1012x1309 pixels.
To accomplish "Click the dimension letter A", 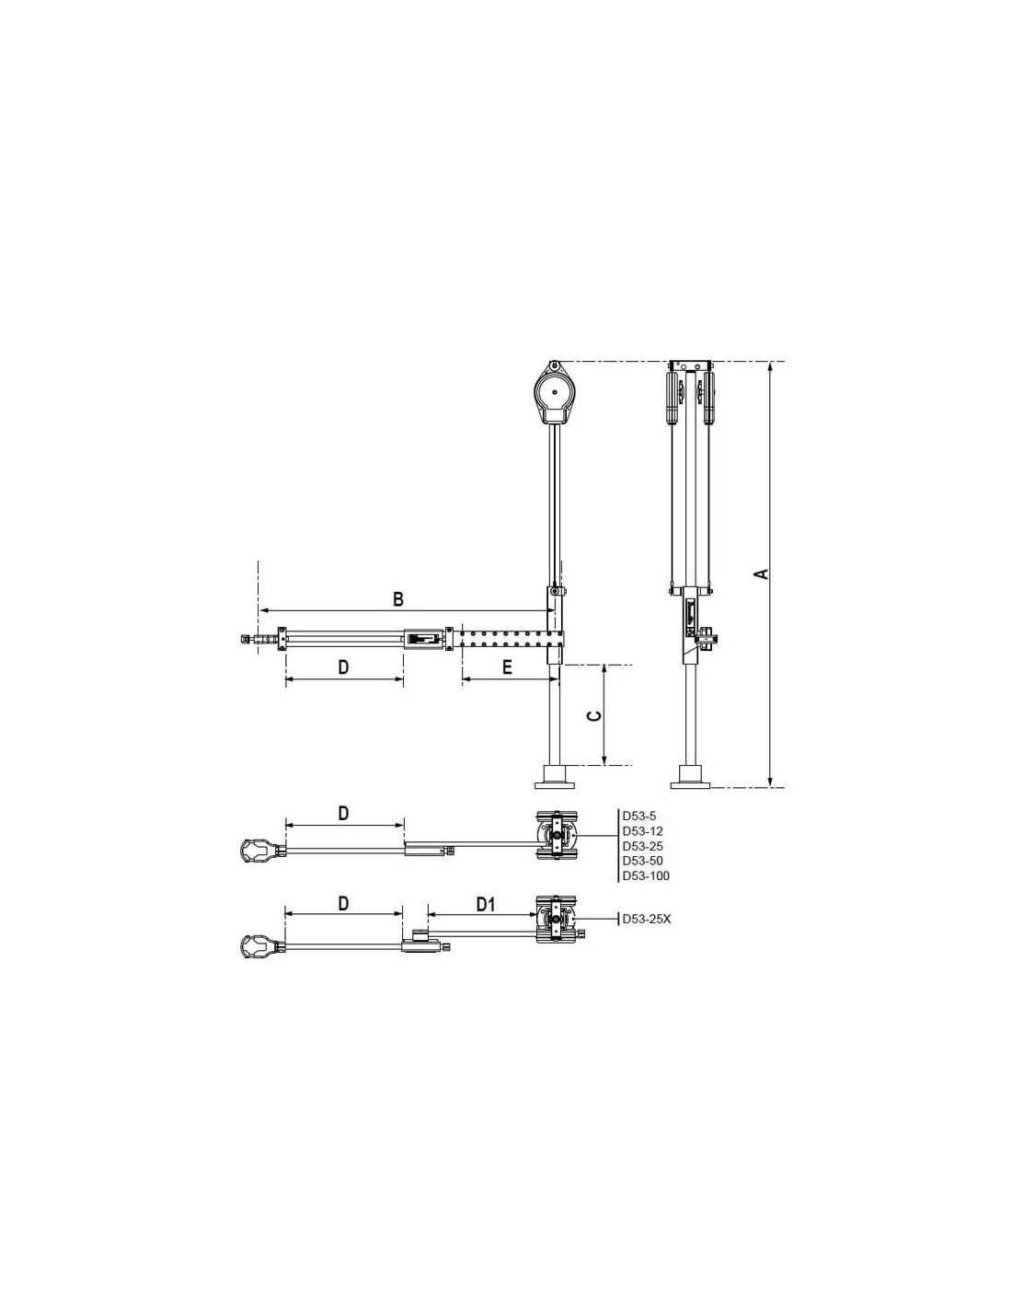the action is pos(762,573).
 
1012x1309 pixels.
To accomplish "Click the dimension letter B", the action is pos(398,598).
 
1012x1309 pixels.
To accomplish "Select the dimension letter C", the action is pos(594,715).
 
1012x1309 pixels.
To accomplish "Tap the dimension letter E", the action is pos(507,666).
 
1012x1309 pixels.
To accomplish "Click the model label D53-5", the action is pos(638,817).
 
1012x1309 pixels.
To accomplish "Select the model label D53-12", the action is pos(642,831).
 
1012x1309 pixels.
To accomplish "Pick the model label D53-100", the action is pos(645,875).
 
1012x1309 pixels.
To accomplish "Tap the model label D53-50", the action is pos(642,860).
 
